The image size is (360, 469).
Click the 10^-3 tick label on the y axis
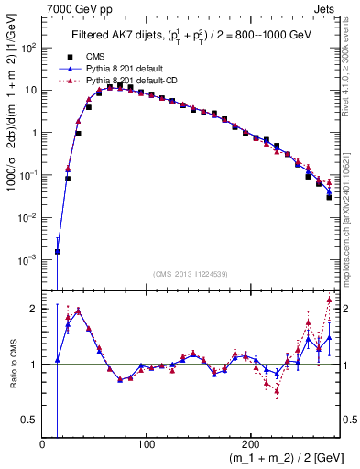[x=29, y=260]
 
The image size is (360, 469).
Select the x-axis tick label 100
[x=146, y=444]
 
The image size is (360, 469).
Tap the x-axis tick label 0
[x=42, y=444]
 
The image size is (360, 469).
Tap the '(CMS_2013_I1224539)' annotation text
[x=190, y=272]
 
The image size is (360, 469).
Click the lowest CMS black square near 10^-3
[x=58, y=251]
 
